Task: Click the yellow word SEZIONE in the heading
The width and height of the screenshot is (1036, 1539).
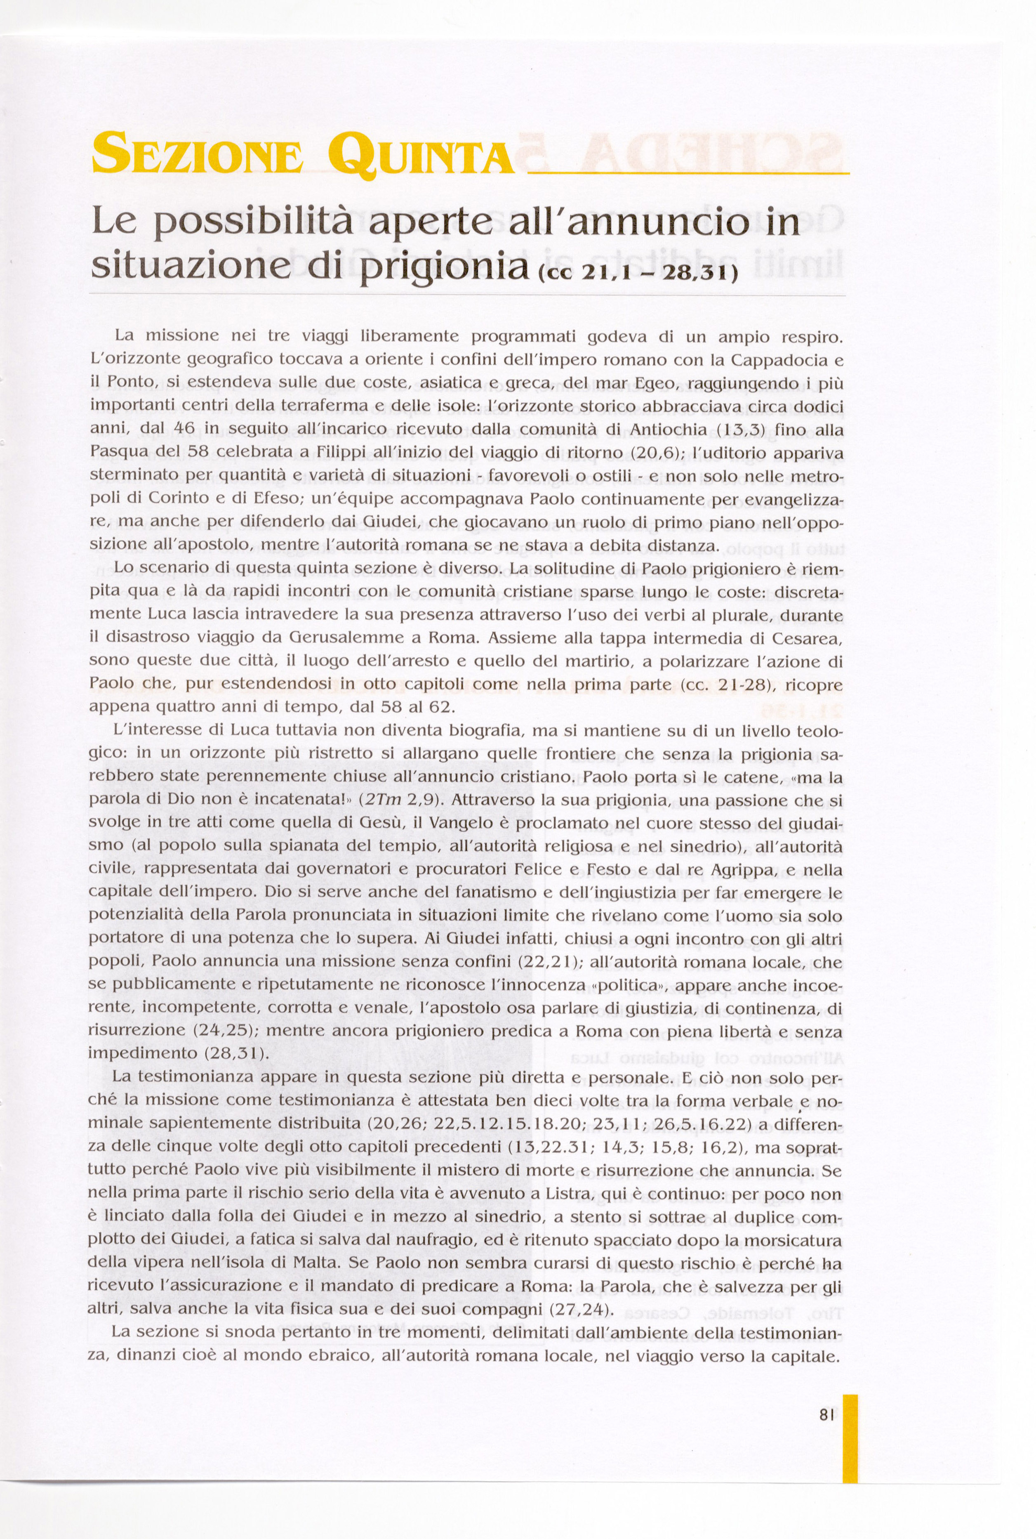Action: coord(197,153)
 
